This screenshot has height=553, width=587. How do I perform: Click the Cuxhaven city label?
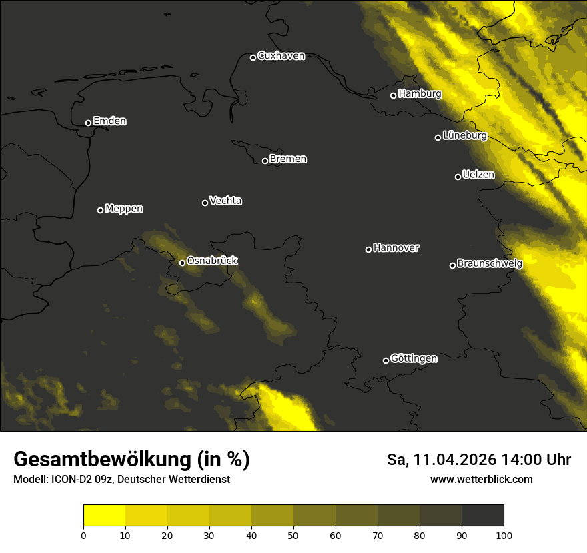[281, 56]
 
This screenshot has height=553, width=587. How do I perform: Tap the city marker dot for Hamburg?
[393, 95]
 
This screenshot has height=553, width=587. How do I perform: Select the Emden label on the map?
[109, 121]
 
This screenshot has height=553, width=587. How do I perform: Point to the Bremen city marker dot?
[265, 161]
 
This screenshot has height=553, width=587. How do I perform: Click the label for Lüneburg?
[464, 135]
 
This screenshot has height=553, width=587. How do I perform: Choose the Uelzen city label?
[478, 175]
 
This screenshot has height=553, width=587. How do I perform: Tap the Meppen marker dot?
[100, 210]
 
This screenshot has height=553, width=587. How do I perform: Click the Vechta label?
[225, 201]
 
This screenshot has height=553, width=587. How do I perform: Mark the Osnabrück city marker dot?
[182, 263]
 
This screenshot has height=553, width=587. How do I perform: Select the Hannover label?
[396, 248]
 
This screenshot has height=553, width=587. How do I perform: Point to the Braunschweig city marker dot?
[452, 265]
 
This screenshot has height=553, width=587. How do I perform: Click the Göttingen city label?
[414, 359]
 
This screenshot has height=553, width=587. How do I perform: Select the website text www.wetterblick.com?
[482, 480]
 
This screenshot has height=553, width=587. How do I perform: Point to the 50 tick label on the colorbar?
[293, 535]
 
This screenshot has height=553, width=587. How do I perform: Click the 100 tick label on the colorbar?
[504, 535]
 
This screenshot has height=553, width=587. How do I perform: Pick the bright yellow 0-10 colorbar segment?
[105, 516]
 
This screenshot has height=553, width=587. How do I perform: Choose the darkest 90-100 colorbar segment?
[482, 516]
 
